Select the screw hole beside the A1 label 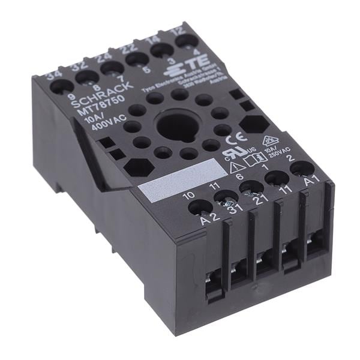coord(302,168)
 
